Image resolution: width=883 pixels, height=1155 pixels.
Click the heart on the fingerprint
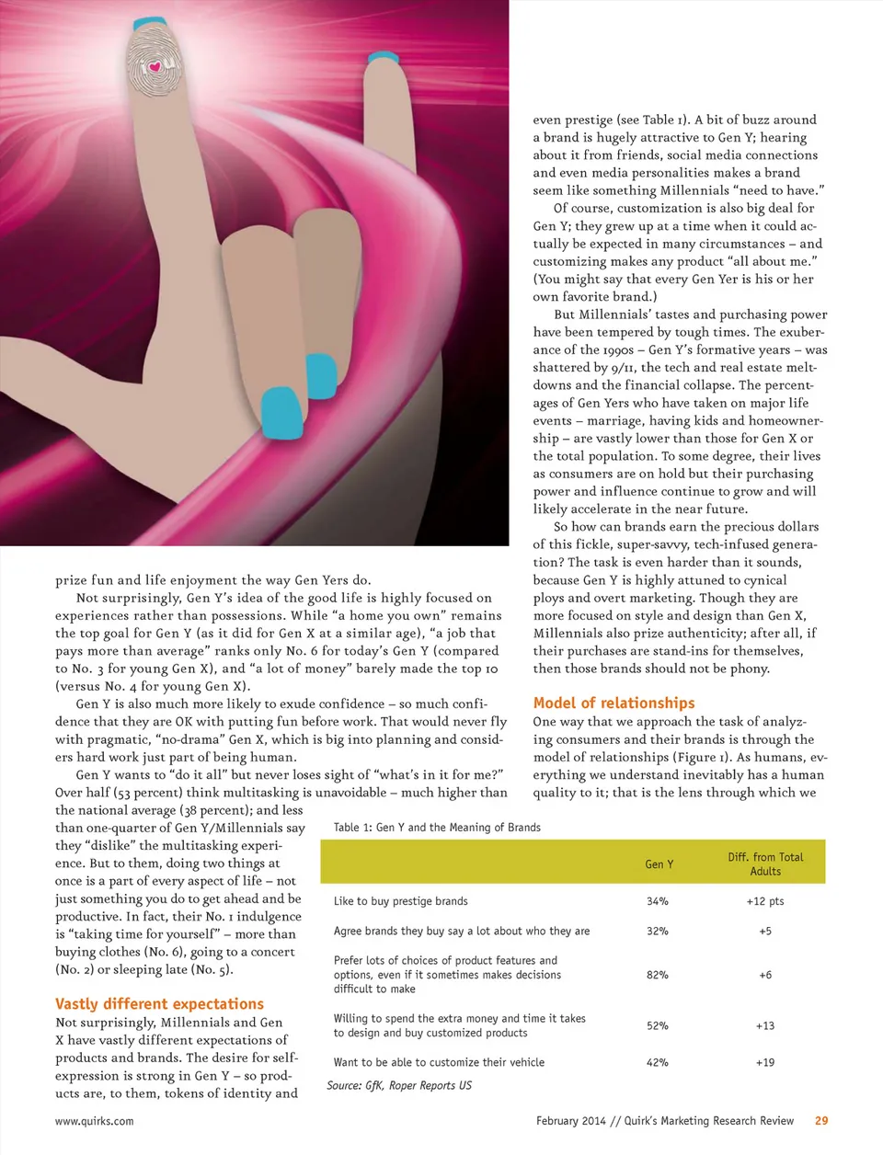click(155, 67)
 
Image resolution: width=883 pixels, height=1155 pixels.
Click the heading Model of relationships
click(614, 703)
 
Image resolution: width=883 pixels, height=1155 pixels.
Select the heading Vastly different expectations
click(159, 1004)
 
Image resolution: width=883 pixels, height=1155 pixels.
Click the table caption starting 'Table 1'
click(437, 828)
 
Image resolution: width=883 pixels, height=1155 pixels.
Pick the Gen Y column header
click(659, 864)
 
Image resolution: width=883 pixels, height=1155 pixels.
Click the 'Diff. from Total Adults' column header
click(765, 863)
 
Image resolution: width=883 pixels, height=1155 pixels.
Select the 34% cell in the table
click(658, 901)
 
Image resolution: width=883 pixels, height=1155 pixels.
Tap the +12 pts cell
click(765, 901)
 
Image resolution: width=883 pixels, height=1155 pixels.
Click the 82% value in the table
click(658, 975)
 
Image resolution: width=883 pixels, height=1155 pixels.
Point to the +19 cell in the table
click(765, 1062)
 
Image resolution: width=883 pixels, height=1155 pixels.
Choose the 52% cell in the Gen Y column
click(658, 1025)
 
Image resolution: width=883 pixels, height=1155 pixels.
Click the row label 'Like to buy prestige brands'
click(400, 901)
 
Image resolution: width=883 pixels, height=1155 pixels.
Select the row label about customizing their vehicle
click(439, 1062)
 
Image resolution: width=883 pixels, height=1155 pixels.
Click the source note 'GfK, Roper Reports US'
click(399, 1086)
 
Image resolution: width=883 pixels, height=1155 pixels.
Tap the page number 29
click(821, 1121)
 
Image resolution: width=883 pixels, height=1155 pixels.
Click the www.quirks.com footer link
click(94, 1121)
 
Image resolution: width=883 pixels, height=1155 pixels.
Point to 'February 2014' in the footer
click(571, 1121)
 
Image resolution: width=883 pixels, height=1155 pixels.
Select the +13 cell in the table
click(765, 1025)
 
